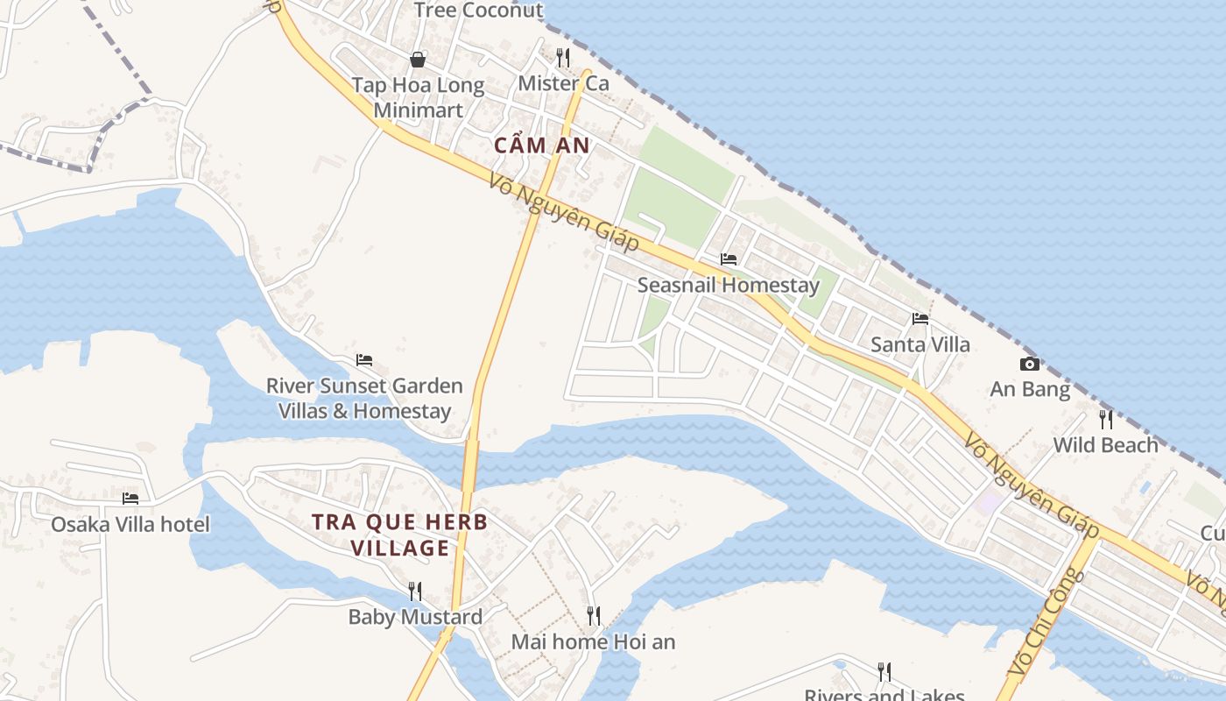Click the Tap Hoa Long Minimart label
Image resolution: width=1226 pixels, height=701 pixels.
[x=418, y=97]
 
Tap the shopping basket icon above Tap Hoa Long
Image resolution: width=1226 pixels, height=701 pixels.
[x=418, y=60]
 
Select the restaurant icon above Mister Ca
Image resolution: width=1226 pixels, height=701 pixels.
[x=563, y=58]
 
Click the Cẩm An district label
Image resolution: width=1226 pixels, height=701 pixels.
[x=542, y=145]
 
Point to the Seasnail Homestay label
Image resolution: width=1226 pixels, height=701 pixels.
[x=728, y=285]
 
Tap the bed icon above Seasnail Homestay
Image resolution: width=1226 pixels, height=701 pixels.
[x=728, y=259]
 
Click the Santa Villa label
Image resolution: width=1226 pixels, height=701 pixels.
[x=919, y=344]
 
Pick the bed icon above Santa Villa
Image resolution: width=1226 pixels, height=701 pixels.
[x=919, y=319]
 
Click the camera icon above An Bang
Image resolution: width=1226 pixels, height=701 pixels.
[x=1030, y=364]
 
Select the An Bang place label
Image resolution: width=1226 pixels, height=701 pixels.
[x=1030, y=389]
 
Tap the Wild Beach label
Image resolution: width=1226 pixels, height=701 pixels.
[x=1105, y=445]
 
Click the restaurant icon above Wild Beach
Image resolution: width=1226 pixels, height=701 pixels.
[x=1105, y=419]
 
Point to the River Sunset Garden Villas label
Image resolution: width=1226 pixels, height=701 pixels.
[x=364, y=398]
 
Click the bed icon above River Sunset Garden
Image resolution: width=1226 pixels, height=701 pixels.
[x=364, y=360]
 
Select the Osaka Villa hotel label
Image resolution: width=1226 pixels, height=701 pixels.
[x=130, y=524]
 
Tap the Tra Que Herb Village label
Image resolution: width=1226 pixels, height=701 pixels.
[x=400, y=535]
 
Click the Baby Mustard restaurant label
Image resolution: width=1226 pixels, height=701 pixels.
[x=415, y=617]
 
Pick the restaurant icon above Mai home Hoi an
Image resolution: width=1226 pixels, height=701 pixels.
[x=593, y=616]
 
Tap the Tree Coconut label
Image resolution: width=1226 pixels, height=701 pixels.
[x=478, y=11]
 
